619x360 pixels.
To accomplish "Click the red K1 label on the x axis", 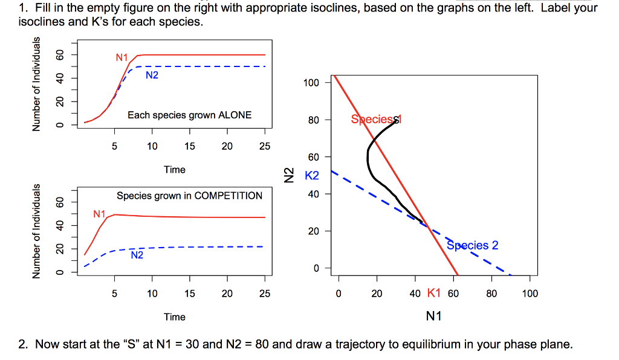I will point(433,294).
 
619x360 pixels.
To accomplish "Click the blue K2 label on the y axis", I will point(311,176).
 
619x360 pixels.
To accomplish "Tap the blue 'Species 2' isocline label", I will point(473,245).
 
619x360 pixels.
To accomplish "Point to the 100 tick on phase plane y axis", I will point(311,83).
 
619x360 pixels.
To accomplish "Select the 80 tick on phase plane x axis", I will point(491,294).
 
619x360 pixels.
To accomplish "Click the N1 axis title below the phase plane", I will point(433,316).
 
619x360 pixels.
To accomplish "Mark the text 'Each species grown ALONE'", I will point(189,115).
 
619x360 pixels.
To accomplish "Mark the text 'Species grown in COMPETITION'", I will point(189,196).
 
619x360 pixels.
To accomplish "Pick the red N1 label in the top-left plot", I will point(122,58).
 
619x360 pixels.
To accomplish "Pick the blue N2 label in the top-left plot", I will point(152,76).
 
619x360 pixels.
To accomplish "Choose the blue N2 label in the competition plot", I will point(137,256).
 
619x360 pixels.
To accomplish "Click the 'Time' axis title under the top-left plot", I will point(175,170).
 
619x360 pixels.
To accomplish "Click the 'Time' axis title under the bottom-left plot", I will point(175,317).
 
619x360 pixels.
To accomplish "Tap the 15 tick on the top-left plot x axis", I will point(190,146).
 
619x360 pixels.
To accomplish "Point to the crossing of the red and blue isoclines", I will point(428,228).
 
